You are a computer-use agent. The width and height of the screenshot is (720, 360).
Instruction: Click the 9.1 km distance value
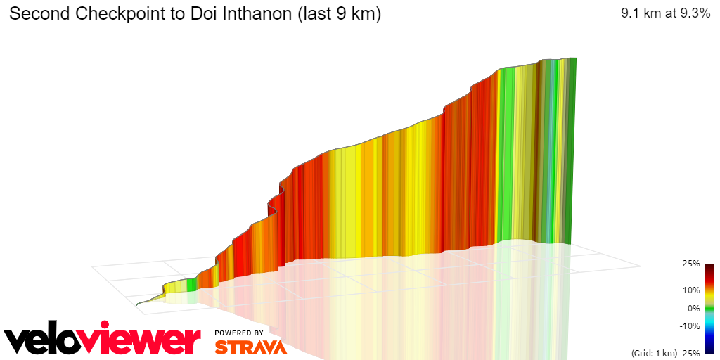tap(640, 14)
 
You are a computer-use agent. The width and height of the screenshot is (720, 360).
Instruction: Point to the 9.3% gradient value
tap(692, 14)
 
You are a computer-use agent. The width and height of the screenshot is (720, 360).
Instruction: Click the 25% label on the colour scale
tap(690, 264)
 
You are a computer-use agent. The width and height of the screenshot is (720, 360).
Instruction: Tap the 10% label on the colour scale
tap(690, 290)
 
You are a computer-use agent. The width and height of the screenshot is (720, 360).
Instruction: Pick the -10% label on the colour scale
tap(689, 326)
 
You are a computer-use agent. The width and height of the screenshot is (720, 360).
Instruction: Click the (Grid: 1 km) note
tap(650, 352)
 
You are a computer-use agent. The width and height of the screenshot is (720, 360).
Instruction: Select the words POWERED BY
tap(239, 333)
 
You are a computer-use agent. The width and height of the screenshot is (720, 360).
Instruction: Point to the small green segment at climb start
tap(191, 284)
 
